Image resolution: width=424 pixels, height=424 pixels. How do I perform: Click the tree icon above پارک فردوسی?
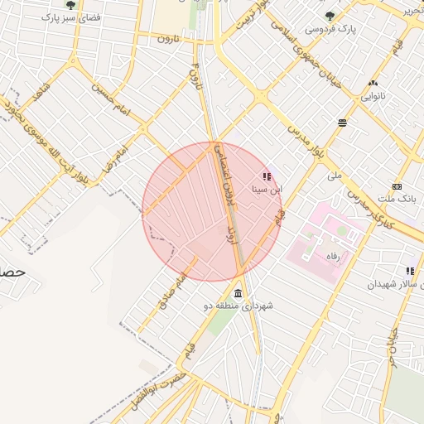[330, 15]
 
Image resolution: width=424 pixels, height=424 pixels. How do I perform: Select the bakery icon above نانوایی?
[373, 83]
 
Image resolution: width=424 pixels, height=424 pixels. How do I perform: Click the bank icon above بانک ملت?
[397, 186]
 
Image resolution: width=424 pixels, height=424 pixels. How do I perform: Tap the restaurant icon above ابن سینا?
[267, 176]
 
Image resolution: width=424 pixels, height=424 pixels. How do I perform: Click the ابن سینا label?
[267, 190]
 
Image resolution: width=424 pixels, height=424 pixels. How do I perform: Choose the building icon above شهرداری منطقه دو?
[238, 294]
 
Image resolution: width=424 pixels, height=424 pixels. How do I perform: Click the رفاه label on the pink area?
[333, 257]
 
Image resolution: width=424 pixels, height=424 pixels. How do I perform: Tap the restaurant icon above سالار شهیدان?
[410, 271]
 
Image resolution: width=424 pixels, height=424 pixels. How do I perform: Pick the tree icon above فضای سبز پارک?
[70, 5]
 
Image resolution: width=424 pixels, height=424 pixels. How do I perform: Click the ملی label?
[335, 176]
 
